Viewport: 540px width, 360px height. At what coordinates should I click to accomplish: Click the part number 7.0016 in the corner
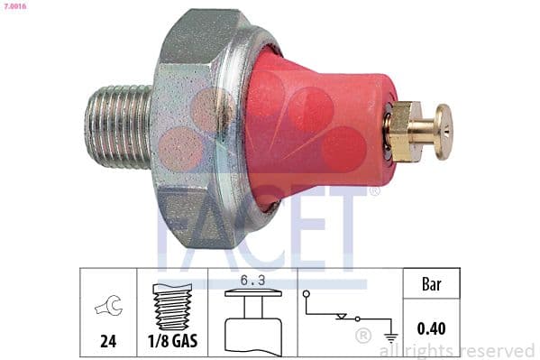(x=14, y=8)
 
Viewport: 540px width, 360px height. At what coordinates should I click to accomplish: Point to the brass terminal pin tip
(x=443, y=132)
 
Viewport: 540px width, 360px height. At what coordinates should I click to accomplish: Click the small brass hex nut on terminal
(x=402, y=132)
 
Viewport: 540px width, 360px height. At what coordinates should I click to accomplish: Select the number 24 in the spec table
(x=108, y=342)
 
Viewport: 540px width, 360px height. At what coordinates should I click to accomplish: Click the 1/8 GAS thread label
(x=172, y=342)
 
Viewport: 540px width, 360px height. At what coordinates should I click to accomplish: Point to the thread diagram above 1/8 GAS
(x=172, y=303)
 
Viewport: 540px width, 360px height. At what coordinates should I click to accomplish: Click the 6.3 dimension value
(x=253, y=281)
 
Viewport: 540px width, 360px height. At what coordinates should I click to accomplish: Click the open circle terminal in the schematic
(x=307, y=294)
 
